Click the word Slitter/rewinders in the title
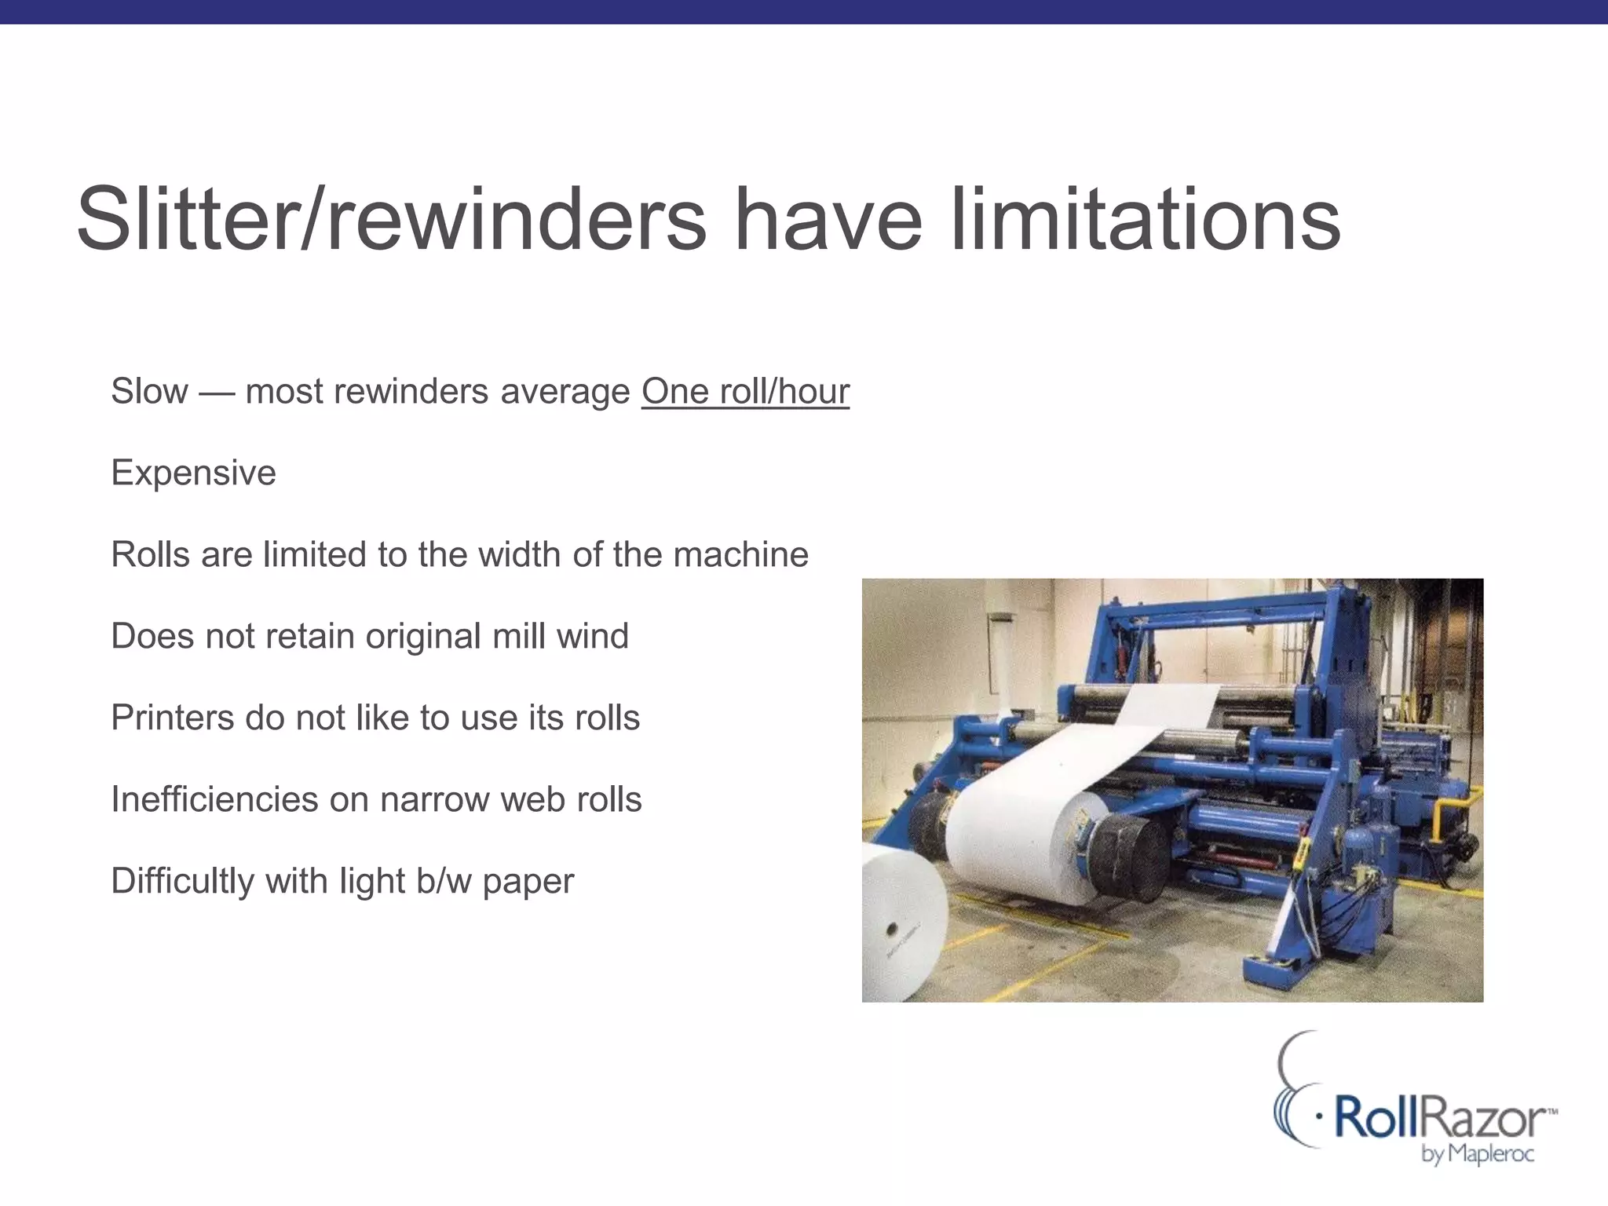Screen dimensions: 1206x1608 [391, 219]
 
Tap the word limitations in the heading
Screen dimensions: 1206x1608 [1145, 219]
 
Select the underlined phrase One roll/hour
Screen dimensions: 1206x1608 [745, 391]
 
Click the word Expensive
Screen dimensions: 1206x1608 [193, 473]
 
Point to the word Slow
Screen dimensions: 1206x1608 [149, 391]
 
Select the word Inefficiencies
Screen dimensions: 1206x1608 [214, 799]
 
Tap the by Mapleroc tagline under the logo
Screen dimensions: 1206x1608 [1477, 1153]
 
